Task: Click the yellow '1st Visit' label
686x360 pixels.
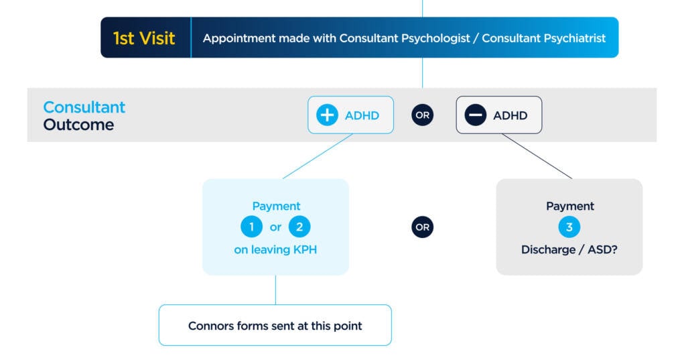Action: (x=144, y=38)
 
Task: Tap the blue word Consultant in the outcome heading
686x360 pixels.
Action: (x=84, y=107)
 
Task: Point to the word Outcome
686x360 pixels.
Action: (x=78, y=125)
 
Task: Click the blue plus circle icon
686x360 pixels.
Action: (x=327, y=115)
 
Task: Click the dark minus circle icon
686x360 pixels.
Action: (x=475, y=115)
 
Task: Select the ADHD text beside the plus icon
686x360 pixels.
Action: (x=362, y=115)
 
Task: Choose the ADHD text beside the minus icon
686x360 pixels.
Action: (x=510, y=115)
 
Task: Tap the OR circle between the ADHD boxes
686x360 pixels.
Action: (x=422, y=115)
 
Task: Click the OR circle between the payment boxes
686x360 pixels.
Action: (x=422, y=227)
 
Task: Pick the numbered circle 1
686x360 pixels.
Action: (x=252, y=227)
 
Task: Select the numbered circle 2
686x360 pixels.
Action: (x=299, y=227)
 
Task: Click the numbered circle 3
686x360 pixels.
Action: (x=569, y=227)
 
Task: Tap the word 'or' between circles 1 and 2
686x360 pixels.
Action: (x=275, y=227)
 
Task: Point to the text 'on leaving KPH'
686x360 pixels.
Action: (x=275, y=250)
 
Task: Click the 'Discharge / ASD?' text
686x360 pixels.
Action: (x=569, y=250)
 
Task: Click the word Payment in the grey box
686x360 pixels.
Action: (x=569, y=206)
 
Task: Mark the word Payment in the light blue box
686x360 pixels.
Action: (x=276, y=206)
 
